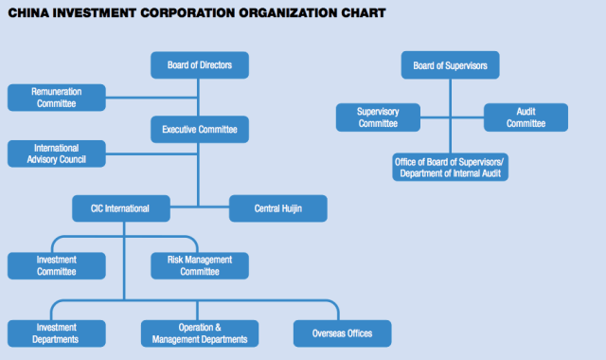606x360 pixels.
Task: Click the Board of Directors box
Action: click(x=199, y=65)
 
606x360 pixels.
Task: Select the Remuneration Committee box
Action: click(x=56, y=97)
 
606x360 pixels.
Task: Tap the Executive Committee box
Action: click(x=199, y=129)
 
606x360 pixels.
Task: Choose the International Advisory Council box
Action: click(x=56, y=153)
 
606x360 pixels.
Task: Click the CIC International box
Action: click(x=121, y=208)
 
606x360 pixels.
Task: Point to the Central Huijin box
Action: click(x=278, y=208)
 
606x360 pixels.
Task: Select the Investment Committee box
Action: click(x=56, y=265)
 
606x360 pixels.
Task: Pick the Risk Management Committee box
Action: click(x=199, y=265)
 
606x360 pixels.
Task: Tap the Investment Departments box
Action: click(x=56, y=333)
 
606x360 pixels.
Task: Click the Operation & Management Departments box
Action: click(x=199, y=333)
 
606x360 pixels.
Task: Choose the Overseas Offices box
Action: click(x=342, y=333)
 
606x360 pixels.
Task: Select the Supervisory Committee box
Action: click(x=378, y=117)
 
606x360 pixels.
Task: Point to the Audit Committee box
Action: click(x=526, y=117)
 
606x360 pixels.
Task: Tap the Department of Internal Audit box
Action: click(x=450, y=168)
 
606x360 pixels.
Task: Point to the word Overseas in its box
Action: click(x=329, y=333)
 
